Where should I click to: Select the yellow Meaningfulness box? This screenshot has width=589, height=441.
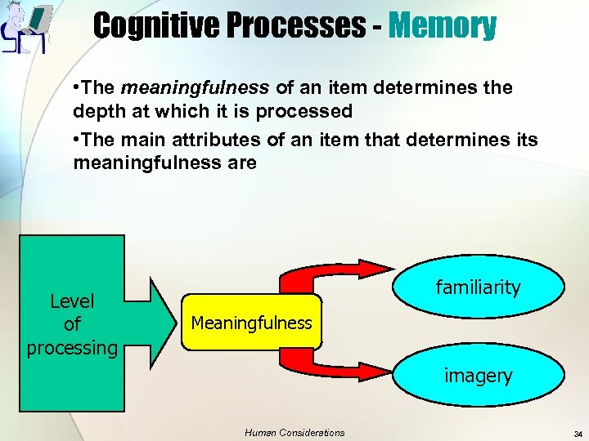[x=251, y=323]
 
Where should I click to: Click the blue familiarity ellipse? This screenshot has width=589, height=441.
[x=478, y=287]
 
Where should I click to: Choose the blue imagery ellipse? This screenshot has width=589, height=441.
[x=478, y=376]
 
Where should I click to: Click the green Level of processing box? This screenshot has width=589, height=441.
[x=72, y=323]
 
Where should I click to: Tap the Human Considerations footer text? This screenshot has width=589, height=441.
[x=294, y=433]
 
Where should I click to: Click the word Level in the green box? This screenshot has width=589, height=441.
[x=72, y=301]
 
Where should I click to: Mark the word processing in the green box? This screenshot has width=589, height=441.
[x=72, y=347]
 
